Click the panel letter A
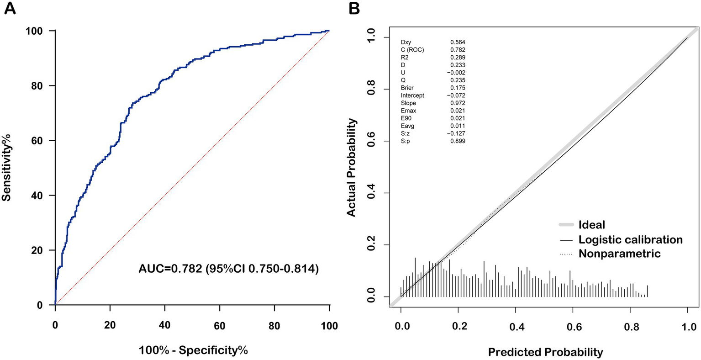pos(10,9)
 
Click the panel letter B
pos(355,8)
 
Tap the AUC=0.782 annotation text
pos(228,270)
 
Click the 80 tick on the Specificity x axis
pos(274,325)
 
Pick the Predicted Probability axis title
pos(545,352)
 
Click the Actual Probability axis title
pos(351,168)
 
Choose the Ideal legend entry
pos(591,225)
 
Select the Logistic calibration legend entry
pos(630,239)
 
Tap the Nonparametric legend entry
pos(619,254)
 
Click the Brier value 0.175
pos(458,88)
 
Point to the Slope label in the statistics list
pos(408,103)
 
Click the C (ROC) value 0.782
pos(458,50)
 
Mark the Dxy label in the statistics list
pos(406,42)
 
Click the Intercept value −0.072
pos(456,95)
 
